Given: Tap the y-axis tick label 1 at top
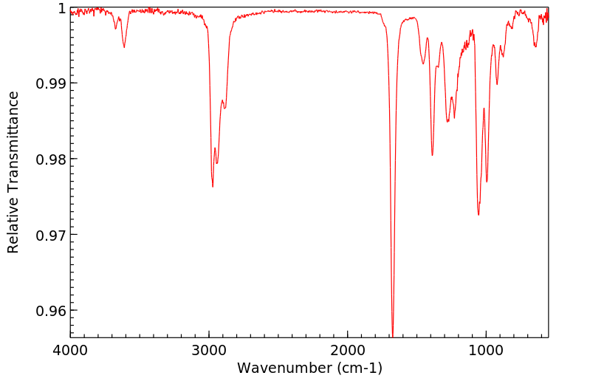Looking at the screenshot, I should click(x=61, y=8).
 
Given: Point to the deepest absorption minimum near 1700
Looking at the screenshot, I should click(x=393, y=334).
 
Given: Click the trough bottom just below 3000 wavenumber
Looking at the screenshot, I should click(x=213, y=187).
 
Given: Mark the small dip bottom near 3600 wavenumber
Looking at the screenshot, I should click(x=124, y=47).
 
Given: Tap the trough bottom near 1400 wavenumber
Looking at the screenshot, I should click(x=432, y=155).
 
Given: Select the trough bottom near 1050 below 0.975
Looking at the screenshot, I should click(x=478, y=215).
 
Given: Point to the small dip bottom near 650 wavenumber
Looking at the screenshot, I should click(x=535, y=47).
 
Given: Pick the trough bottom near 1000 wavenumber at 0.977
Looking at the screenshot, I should click(x=487, y=182).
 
